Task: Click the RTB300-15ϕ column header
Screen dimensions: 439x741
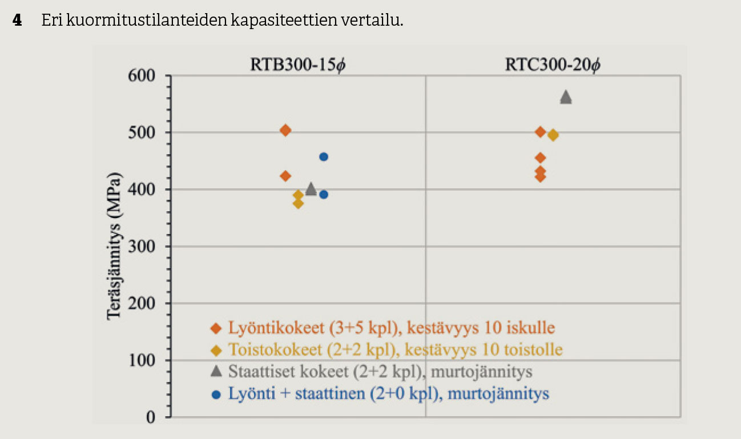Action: (299, 65)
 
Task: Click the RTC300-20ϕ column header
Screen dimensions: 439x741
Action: (553, 65)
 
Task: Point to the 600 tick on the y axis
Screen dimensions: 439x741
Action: (143, 75)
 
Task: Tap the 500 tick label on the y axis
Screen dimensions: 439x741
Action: (143, 132)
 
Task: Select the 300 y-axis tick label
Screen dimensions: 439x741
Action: (143, 247)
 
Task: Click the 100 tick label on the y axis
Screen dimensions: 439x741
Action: (143, 360)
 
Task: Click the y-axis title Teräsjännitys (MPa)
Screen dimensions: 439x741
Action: (115, 245)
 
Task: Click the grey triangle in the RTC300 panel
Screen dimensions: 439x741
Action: (566, 97)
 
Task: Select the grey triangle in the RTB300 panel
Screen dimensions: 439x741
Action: (311, 189)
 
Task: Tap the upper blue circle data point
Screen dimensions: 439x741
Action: (324, 156)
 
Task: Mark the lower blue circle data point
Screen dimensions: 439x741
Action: (324, 194)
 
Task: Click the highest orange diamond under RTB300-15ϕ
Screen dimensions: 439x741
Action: (285, 130)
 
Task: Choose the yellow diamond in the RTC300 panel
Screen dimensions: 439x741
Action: (553, 135)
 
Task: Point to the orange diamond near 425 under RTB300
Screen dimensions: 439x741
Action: (285, 176)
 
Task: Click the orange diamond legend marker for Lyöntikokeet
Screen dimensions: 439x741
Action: (216, 328)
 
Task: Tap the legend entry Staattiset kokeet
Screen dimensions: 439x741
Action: (380, 372)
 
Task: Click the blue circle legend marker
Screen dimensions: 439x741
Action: (216, 394)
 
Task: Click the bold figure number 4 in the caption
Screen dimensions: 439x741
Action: (18, 21)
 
